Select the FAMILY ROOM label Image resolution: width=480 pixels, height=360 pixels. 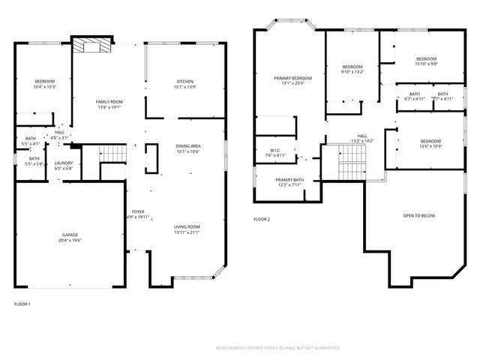click(109, 101)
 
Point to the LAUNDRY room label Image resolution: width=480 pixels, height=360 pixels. click(64, 163)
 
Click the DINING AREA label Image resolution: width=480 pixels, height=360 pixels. click(187, 145)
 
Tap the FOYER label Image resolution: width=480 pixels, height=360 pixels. click(138, 211)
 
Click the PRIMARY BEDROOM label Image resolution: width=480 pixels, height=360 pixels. click(292, 78)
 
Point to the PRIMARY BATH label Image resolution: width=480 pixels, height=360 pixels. click(288, 180)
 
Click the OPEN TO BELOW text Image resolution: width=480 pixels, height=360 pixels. click(418, 216)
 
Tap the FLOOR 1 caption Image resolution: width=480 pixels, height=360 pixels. click(22, 304)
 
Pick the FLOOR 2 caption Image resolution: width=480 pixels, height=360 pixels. click(261, 219)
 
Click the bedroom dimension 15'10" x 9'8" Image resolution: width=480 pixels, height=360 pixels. click(426, 64)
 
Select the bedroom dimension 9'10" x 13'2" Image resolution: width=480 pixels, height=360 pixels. click(352, 72)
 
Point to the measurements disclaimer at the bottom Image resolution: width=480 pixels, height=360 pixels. click(277, 348)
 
